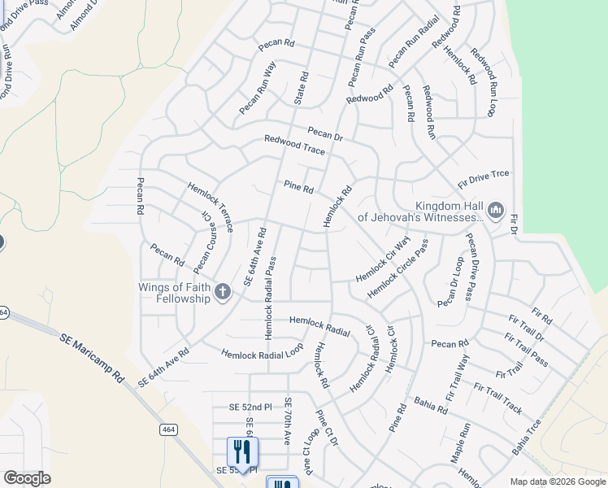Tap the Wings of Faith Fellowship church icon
[x=223, y=290]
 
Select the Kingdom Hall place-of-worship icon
[x=496, y=211]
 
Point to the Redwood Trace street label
[x=294, y=146]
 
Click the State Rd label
[x=301, y=89]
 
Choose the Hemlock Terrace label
[x=211, y=207]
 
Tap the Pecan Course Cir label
[x=202, y=242]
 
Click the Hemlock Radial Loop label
[x=263, y=351]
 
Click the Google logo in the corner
[x=27, y=478]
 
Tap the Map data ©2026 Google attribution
[x=557, y=481]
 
